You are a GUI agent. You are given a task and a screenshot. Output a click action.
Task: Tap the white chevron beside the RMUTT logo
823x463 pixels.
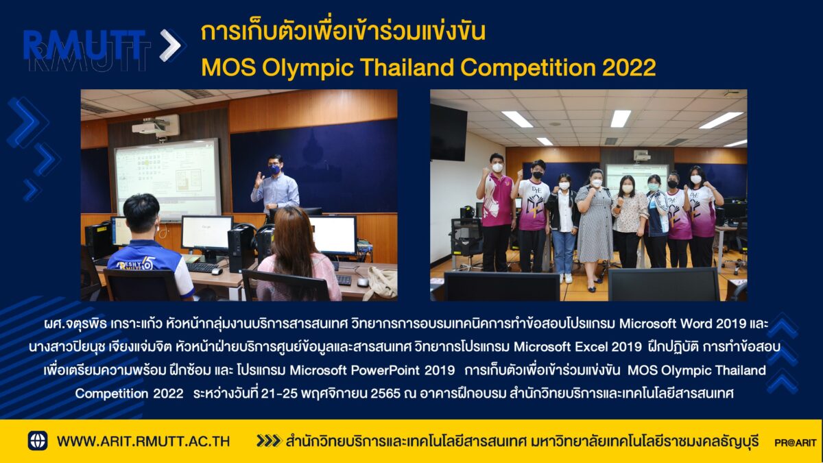point(171,45)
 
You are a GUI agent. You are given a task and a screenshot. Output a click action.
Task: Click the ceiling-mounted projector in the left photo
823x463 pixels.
point(156,126)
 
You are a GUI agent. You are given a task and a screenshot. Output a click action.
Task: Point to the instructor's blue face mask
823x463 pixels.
point(274,169)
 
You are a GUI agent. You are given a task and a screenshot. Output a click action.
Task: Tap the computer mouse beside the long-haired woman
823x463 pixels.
point(363,282)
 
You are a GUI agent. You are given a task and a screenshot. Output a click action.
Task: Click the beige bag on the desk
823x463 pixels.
point(381,282)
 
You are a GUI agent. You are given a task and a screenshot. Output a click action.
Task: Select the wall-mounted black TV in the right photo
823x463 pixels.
point(449,133)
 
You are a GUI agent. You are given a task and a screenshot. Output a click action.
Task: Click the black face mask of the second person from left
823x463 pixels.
point(538,175)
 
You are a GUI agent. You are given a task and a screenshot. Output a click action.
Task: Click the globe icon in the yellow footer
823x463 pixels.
point(38,440)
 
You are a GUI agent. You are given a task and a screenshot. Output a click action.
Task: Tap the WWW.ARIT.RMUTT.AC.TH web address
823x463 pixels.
point(143,441)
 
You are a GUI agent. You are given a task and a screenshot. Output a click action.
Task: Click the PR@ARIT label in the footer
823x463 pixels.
point(796,443)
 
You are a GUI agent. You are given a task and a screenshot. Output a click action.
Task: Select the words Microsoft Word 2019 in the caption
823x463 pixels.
point(682,324)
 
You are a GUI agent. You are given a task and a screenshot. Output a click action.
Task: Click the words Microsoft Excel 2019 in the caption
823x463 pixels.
point(578,346)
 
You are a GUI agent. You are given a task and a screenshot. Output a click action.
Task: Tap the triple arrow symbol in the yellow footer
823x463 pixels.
point(269,441)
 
